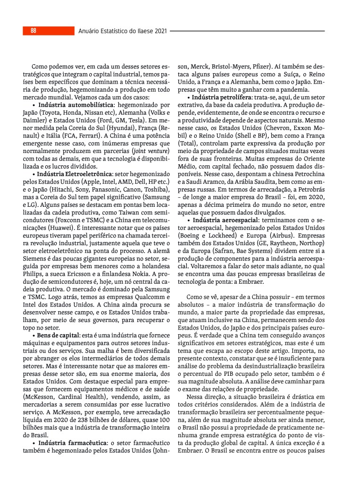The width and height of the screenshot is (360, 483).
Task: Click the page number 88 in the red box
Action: coord(33,31)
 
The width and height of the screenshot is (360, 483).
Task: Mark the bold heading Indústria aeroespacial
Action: coord(226,220)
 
